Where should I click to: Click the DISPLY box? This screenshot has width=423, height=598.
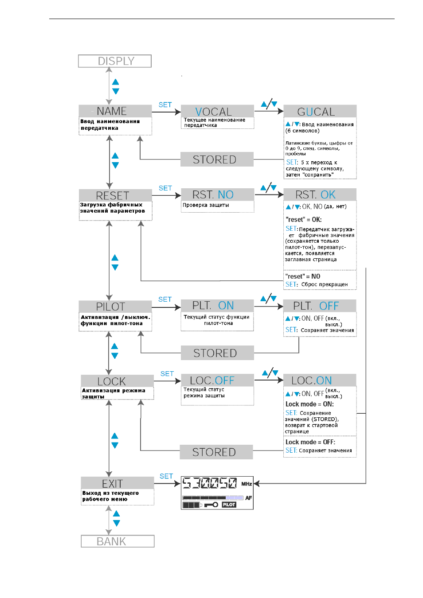point(115,61)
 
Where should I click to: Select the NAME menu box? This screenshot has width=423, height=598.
point(115,111)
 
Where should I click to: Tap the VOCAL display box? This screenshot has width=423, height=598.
point(217,111)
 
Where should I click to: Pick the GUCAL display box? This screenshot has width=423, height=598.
point(320,111)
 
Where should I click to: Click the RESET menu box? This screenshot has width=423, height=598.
point(115,195)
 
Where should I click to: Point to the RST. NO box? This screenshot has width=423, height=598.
point(218,194)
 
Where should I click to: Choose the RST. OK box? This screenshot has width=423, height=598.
point(320,194)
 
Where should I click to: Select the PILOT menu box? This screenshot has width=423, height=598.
point(115,307)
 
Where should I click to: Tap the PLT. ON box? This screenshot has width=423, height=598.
point(217,305)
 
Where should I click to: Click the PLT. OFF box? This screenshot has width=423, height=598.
point(320,306)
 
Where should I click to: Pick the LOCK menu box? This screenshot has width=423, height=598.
point(117,381)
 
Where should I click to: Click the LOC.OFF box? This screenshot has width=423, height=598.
point(218,380)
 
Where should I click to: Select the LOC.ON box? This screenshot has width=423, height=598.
point(320,380)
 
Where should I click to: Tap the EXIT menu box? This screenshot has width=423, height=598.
point(117,483)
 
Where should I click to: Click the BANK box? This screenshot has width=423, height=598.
point(117,541)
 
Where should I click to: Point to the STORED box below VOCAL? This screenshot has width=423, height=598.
point(217,159)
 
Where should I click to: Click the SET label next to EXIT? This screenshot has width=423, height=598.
point(166,476)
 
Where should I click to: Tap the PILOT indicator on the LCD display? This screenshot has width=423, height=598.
point(229,505)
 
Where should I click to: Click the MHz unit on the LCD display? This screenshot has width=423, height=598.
point(247,484)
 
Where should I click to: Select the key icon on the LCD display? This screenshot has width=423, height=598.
point(211,505)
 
